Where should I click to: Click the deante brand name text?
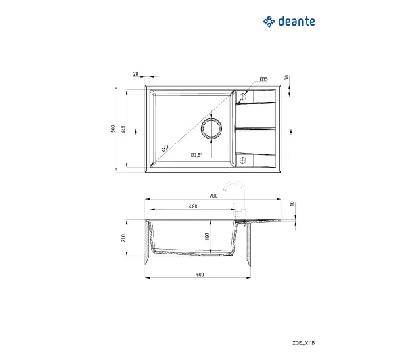click(297, 22)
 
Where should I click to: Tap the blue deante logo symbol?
click(269, 22)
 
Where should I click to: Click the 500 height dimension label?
click(113, 129)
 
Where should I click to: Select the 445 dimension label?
click(124, 129)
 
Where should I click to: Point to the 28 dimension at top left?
click(136, 74)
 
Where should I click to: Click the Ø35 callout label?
click(263, 79)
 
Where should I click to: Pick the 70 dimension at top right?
click(286, 77)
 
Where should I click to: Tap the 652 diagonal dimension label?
click(165, 148)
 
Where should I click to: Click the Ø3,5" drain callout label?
click(196, 155)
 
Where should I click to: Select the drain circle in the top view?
click(211, 118)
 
